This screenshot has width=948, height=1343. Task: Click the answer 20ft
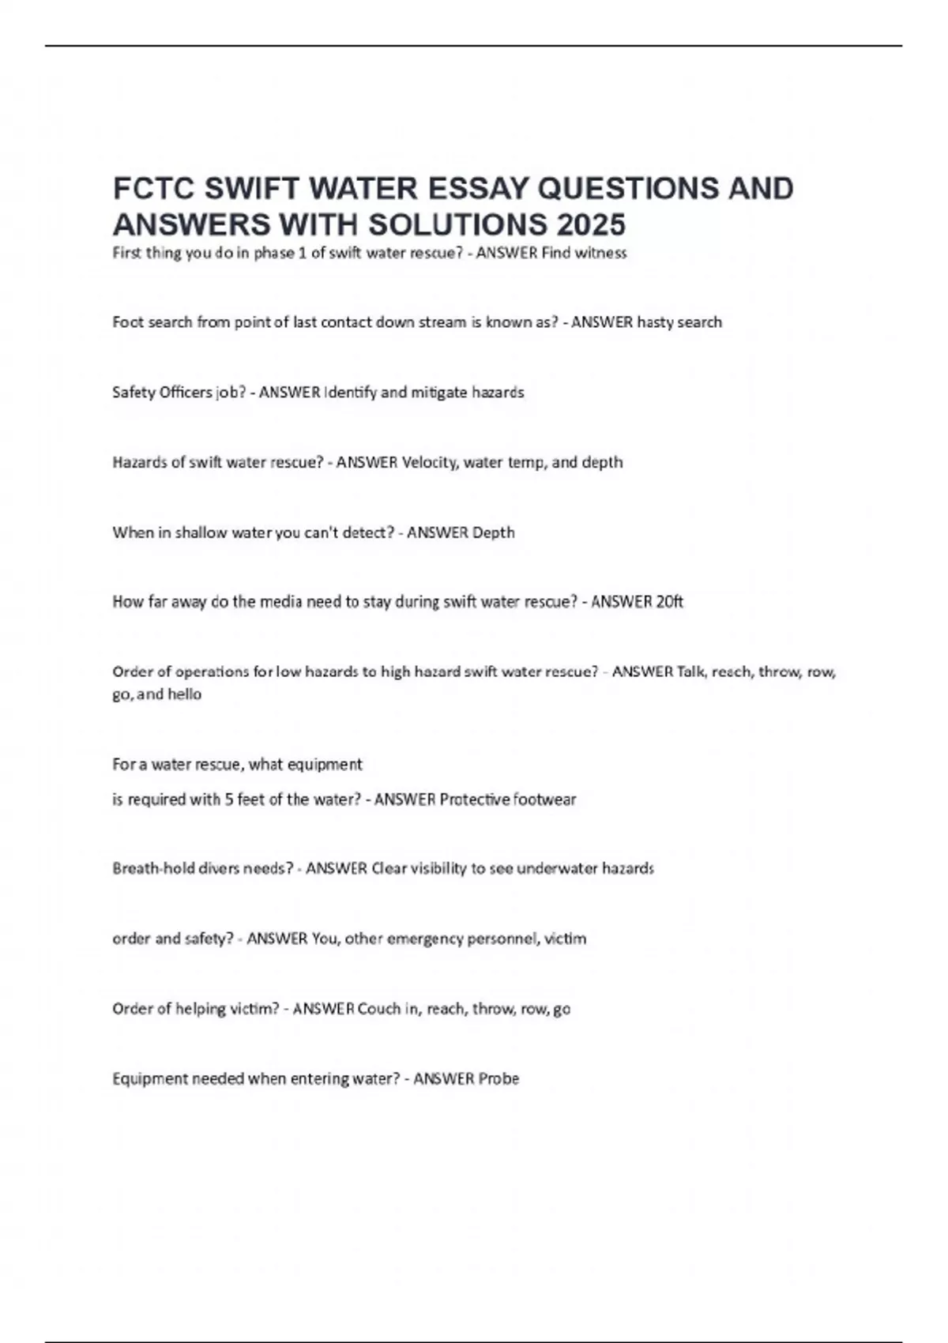pyautogui.click(x=669, y=602)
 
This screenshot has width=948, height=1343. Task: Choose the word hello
pyautogui.click(x=184, y=694)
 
